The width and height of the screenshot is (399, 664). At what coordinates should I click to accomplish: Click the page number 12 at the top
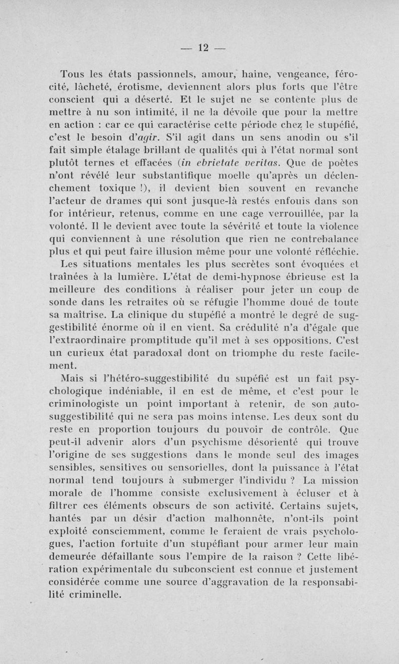(202, 48)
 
